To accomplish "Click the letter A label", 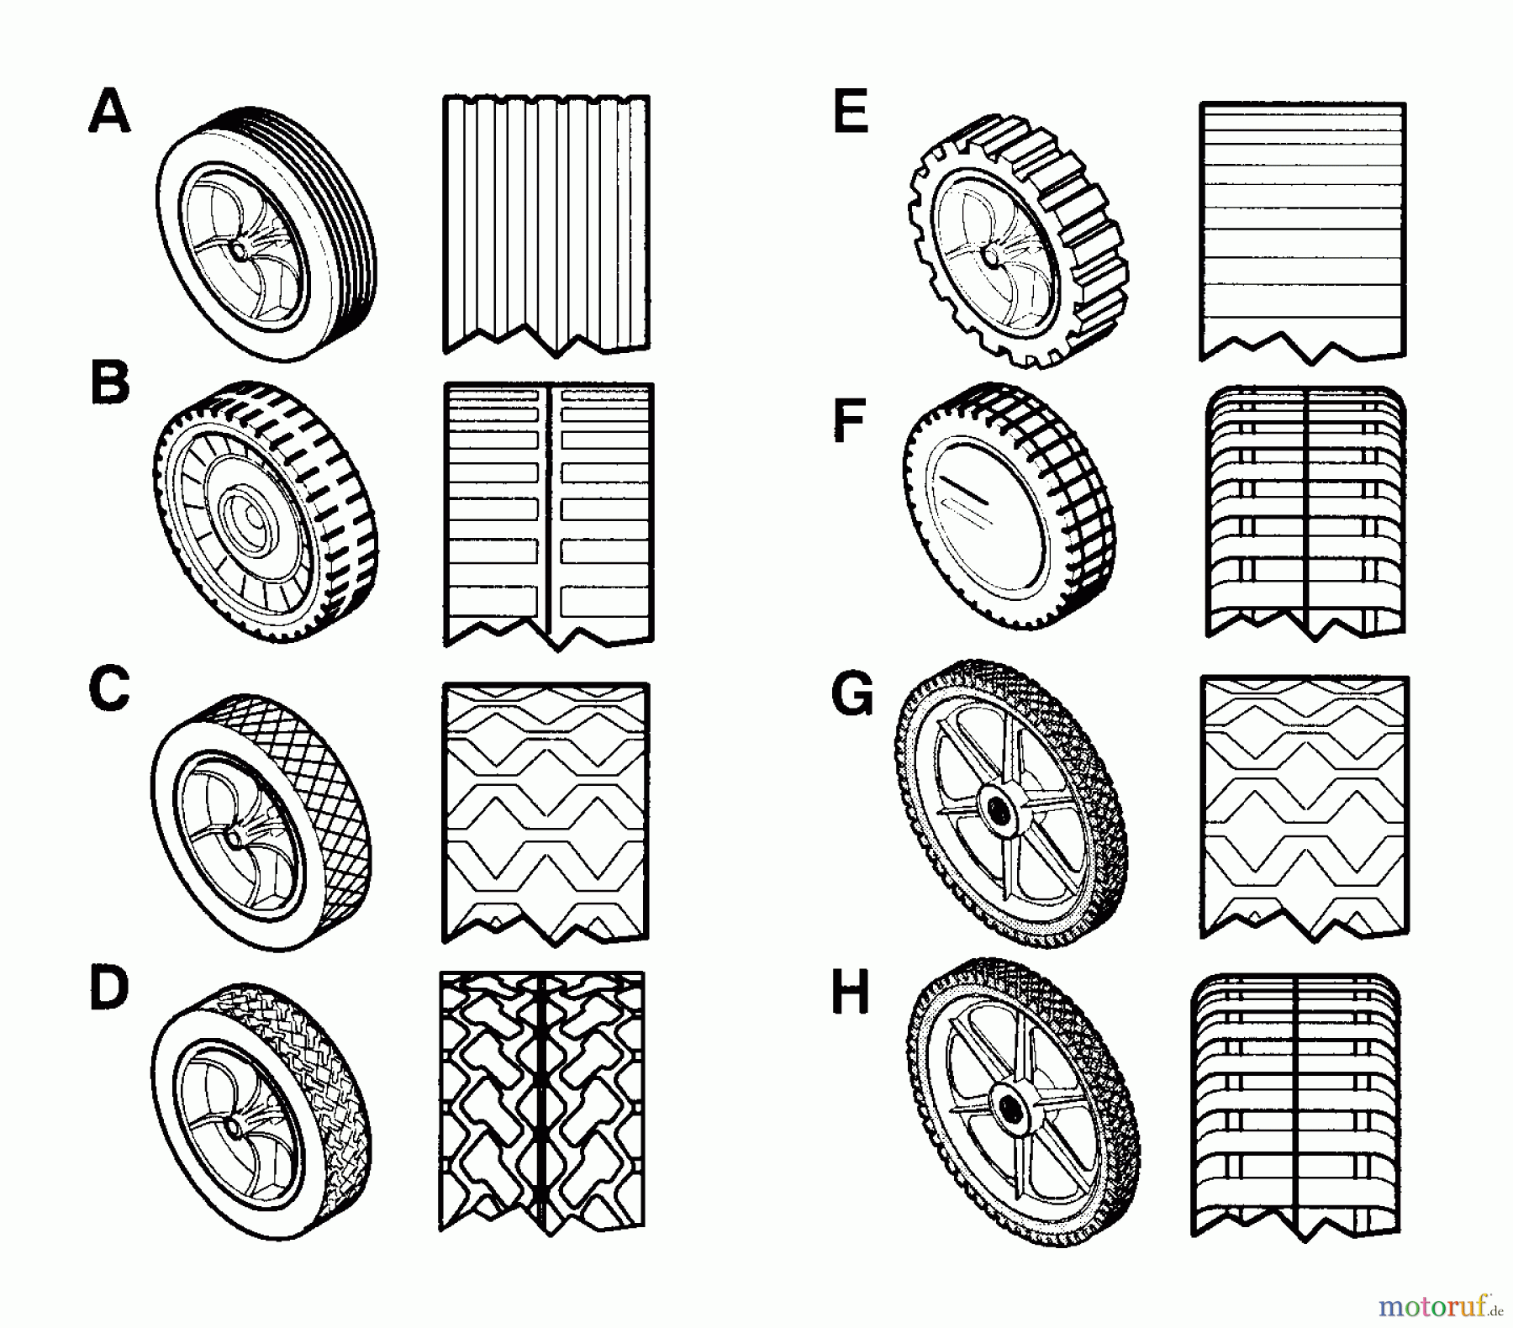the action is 109,113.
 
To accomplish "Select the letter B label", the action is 110,383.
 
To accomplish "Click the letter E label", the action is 850,113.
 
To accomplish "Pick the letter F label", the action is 848,421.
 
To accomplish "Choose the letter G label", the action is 851,695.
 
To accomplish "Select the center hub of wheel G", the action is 998,810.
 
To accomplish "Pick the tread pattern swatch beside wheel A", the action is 546,225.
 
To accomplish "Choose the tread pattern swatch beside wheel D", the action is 542,1104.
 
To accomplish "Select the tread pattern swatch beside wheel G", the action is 1305,807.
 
